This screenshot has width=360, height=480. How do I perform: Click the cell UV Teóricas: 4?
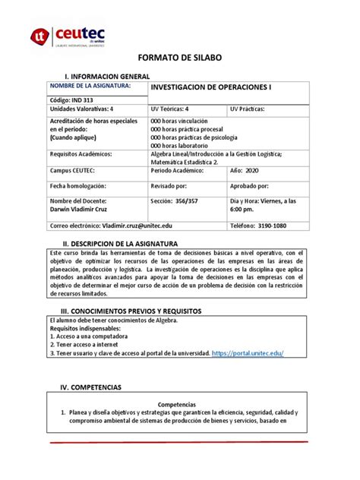click(174, 110)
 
